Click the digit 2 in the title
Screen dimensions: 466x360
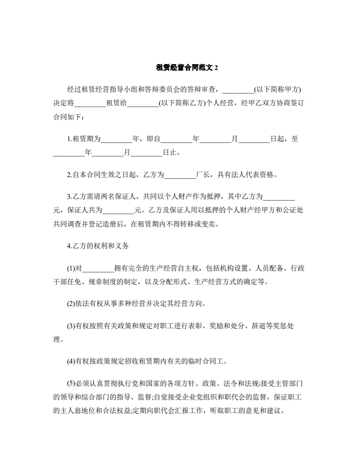click(216, 68)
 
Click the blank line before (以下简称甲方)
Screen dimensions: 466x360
click(238, 89)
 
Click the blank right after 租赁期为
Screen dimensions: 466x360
click(118, 139)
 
